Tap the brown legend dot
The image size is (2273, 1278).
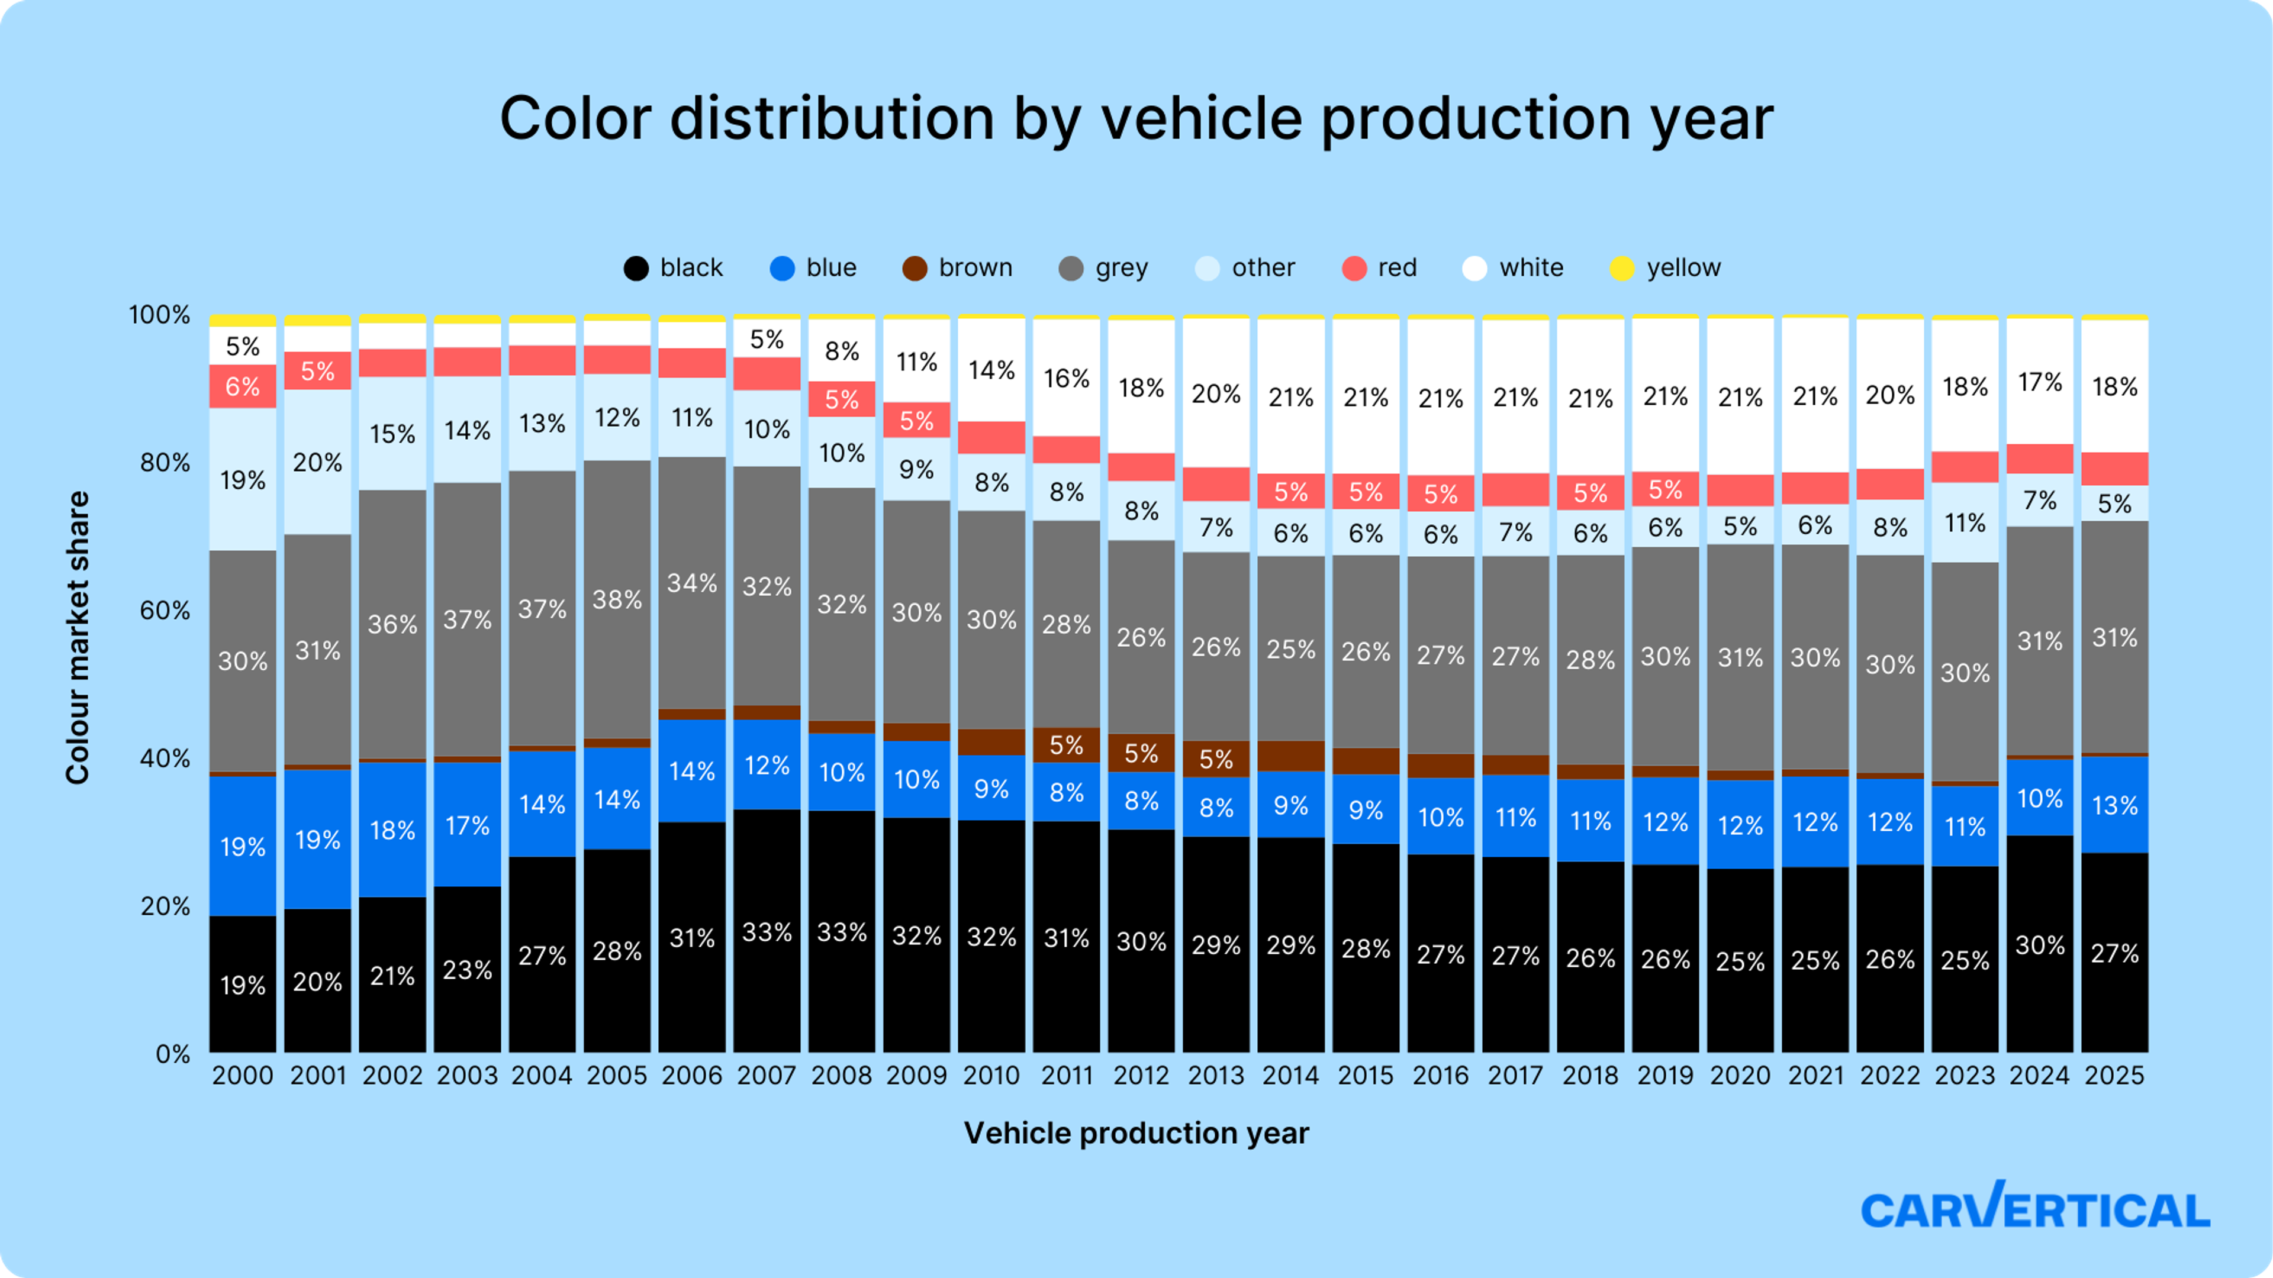tap(915, 268)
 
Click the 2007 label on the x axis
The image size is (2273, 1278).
tap(767, 1075)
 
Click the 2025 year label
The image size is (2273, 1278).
tap(2114, 1075)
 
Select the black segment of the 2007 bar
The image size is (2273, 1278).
tap(767, 932)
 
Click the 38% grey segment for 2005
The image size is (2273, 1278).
tap(617, 600)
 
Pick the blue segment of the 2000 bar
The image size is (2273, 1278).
tap(243, 846)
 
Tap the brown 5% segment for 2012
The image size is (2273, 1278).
tap(1141, 753)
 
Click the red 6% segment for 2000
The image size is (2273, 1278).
tap(243, 386)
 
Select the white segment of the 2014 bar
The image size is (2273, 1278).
tap(1291, 397)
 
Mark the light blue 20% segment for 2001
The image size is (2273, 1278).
tap(318, 462)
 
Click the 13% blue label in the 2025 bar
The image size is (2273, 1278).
tap(2114, 805)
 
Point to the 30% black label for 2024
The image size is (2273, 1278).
tap(2039, 945)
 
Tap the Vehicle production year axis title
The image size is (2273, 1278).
tap(1136, 1132)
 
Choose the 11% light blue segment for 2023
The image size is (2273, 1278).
tap(1965, 523)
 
